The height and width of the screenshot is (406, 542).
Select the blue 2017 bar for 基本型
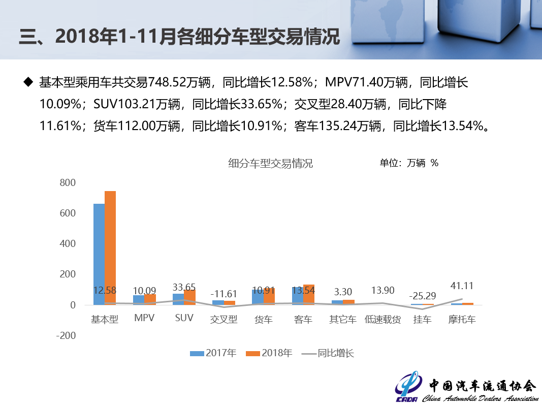point(99,254)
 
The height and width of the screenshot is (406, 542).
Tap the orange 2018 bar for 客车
point(309,295)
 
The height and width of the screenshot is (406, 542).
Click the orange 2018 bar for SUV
point(189,297)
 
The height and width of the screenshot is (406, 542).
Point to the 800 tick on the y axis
point(68,183)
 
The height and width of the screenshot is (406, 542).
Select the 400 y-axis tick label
point(68,244)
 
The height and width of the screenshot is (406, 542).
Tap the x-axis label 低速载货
point(382,320)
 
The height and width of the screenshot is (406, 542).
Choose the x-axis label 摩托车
point(462,320)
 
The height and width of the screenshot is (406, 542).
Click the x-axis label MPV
point(144,319)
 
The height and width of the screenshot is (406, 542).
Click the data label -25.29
point(423,295)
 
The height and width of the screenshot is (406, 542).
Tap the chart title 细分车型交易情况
point(270,164)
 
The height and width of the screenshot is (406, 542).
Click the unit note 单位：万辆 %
point(409,163)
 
